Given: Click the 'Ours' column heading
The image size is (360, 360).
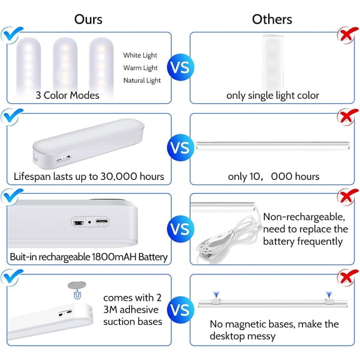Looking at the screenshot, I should [88, 19].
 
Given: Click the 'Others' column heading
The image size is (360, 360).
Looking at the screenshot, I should [272, 19].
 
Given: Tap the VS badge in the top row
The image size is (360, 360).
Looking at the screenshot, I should [180, 67].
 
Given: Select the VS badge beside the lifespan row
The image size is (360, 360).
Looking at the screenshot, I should [180, 149].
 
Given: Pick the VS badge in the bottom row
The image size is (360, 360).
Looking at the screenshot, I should [180, 309].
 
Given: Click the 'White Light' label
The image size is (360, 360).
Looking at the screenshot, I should [141, 55].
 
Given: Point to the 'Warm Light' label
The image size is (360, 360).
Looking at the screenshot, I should [141, 67].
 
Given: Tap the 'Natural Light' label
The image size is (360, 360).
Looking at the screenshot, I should [142, 80].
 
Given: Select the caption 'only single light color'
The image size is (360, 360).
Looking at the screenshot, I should [272, 96].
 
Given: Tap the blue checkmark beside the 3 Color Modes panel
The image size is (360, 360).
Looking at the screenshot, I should [11, 34].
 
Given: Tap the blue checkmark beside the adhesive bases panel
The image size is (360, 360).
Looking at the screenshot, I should [11, 277].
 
